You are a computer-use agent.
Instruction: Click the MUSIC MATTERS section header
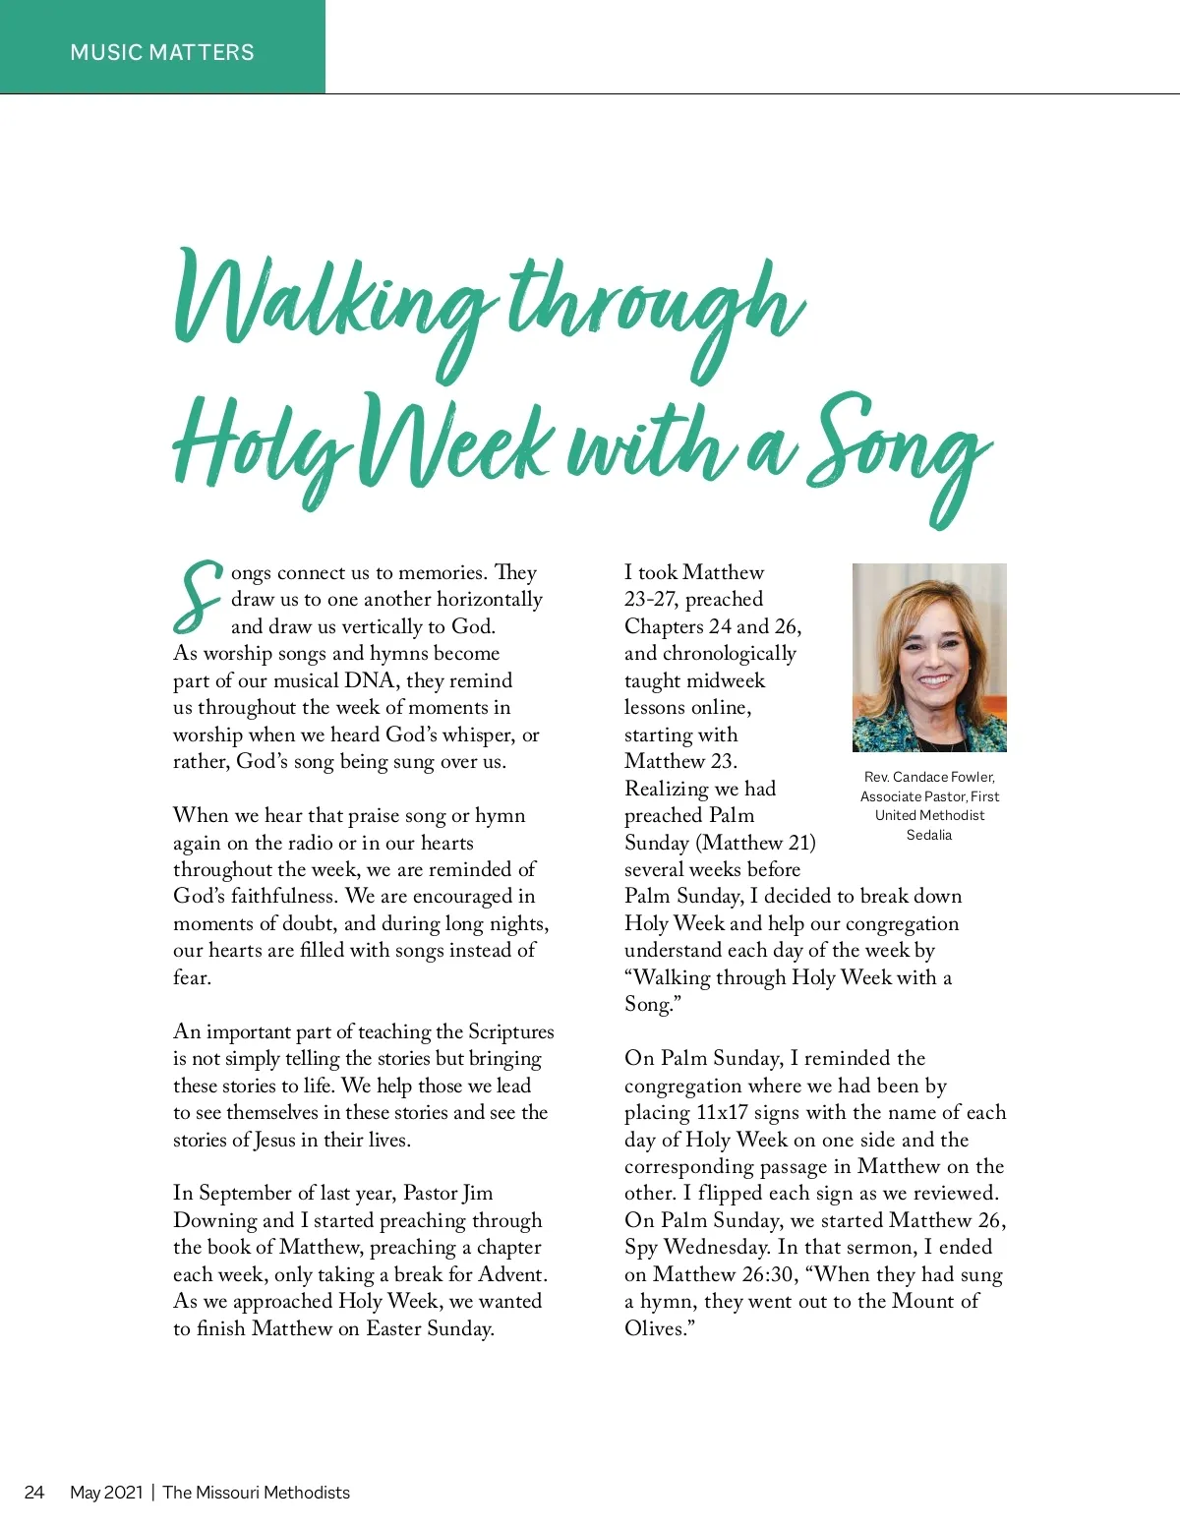click(162, 52)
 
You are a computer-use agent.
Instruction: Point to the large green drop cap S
click(198, 596)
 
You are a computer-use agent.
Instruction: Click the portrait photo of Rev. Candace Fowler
click(929, 657)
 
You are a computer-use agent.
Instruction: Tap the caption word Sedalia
click(929, 835)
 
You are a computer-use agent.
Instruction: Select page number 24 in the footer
click(34, 1492)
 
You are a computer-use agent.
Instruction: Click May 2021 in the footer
click(106, 1492)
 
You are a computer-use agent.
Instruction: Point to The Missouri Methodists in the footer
click(256, 1492)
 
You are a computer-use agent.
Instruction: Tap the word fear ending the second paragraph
click(191, 977)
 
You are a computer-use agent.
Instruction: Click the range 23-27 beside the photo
click(650, 599)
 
